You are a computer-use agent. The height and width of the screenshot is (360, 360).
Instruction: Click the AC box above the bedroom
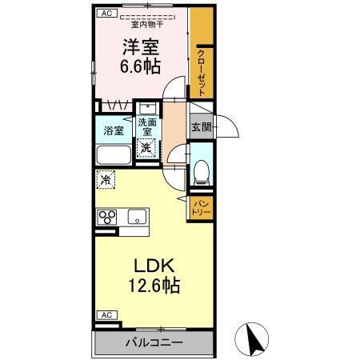click(106, 14)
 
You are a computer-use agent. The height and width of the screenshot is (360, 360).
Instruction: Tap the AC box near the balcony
click(106, 314)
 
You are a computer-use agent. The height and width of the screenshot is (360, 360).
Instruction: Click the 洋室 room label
click(140, 46)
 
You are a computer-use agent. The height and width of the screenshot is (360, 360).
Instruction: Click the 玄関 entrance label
click(200, 126)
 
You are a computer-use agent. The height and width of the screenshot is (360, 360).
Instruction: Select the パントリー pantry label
click(202, 209)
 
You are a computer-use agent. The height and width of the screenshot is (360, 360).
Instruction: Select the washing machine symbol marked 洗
click(145, 147)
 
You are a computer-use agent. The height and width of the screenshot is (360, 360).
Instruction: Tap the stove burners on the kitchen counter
click(108, 217)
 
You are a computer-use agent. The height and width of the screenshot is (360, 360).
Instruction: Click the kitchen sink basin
click(137, 217)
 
